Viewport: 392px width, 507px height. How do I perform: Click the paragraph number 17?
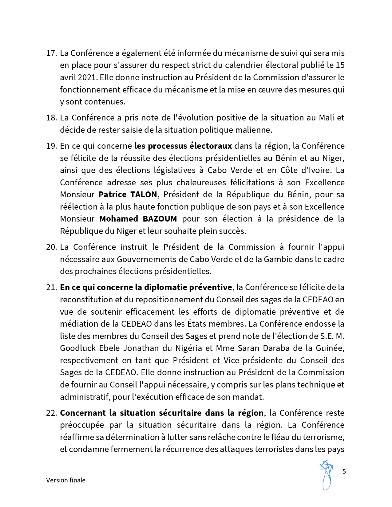pos(51,53)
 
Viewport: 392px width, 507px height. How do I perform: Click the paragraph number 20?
pos(51,247)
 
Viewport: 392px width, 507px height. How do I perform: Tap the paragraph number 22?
pos(51,413)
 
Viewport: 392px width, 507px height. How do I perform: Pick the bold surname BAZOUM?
pos(160,219)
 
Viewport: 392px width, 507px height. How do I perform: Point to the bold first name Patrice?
pos(113,195)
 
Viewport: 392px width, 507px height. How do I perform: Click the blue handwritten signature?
pos(327,474)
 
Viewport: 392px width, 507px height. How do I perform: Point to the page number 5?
pos(344,472)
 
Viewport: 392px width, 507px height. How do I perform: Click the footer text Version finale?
pos(66,480)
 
